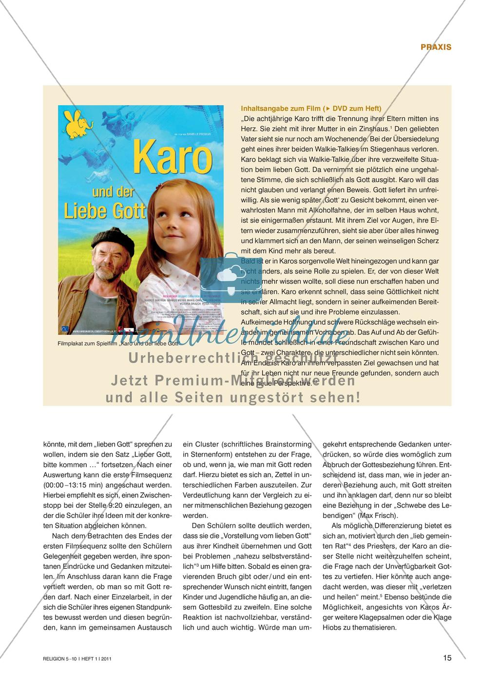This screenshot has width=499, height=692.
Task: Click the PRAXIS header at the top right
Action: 436,47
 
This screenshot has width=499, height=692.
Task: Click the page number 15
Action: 447,658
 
